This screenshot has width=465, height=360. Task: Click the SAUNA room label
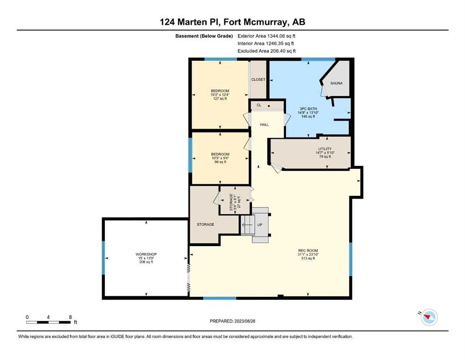(x=336, y=83)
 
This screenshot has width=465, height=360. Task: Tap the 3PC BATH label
(x=308, y=109)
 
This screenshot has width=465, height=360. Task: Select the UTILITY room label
(x=325, y=149)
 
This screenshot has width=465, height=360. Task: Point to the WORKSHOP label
(x=146, y=255)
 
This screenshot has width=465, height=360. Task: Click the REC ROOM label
(x=308, y=251)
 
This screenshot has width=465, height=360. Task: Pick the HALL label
(x=265, y=125)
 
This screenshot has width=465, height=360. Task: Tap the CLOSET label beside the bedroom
(x=258, y=80)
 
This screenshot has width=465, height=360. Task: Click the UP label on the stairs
(x=260, y=225)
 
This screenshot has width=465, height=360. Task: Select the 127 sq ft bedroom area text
(x=220, y=98)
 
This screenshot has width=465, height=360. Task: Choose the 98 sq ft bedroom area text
(x=221, y=162)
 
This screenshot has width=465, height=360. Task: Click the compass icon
(x=429, y=317)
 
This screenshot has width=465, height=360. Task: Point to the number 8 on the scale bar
(x=70, y=317)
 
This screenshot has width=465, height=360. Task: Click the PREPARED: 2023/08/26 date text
(x=232, y=321)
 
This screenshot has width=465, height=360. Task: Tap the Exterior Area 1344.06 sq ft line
(x=266, y=36)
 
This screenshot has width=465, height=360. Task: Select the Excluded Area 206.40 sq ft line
(x=266, y=51)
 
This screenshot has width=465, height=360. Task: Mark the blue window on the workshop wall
(x=103, y=258)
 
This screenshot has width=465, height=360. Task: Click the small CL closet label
(x=259, y=105)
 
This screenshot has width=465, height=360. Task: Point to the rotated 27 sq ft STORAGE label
(x=235, y=202)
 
